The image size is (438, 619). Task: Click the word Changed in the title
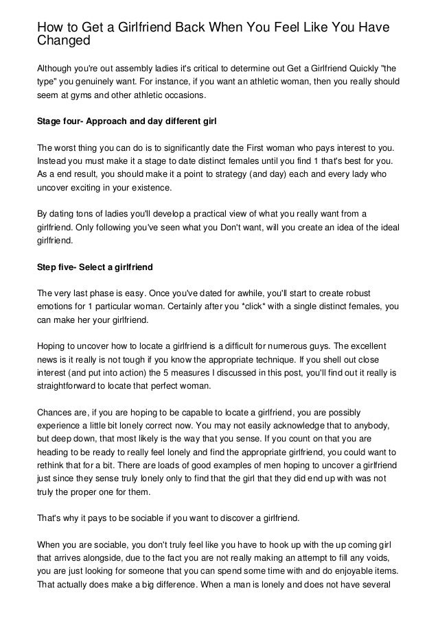click(x=64, y=40)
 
